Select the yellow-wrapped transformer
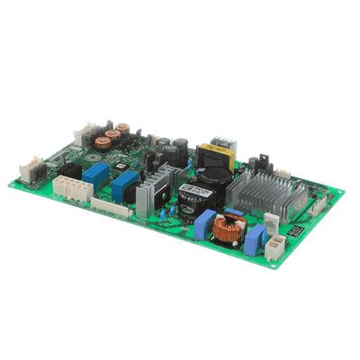click(x=220, y=153)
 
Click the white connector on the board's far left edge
click(x=30, y=167)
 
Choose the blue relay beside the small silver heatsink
click(x=124, y=184)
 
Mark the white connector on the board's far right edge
click(x=319, y=203)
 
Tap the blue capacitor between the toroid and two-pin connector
click(x=254, y=239)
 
